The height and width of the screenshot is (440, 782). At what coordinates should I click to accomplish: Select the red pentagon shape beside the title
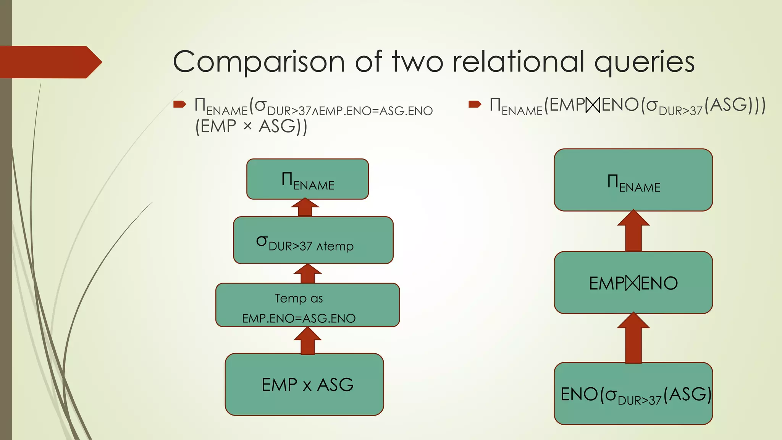point(50,62)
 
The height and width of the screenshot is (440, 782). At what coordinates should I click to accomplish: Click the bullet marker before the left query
point(179,104)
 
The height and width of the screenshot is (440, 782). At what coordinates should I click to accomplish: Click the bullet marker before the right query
point(475,104)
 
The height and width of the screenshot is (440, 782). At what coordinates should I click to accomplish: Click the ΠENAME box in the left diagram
point(307,179)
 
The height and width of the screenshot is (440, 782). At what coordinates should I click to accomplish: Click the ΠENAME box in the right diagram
point(633,180)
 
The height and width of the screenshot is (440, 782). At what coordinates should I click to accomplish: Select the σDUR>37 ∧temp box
point(313,240)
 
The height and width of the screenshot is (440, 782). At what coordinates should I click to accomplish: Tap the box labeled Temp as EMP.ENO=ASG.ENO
point(307,305)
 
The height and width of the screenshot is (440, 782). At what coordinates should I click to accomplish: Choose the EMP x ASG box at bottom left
point(304,384)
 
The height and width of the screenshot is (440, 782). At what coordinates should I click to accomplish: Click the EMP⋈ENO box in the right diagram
point(633,283)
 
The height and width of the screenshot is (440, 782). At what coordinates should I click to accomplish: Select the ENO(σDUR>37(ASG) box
point(633,393)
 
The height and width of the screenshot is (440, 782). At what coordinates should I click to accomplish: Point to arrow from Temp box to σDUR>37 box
point(307,273)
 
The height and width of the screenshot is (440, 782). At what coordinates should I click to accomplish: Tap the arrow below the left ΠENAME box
point(305,208)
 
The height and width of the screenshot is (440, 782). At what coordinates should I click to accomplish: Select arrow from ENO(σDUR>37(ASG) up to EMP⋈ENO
point(633,338)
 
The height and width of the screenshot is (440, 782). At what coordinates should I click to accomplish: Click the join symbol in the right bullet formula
point(593,105)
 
